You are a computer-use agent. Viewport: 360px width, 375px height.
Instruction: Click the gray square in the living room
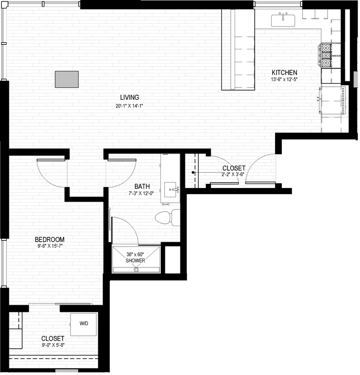pos(67,79)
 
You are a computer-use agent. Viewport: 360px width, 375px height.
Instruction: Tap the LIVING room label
pos(129,97)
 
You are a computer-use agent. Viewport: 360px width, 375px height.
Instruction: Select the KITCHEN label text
pos(284,72)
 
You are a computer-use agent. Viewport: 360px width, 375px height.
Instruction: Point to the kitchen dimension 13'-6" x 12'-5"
pos(284,80)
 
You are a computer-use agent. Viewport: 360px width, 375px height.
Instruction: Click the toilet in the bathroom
pos(166,218)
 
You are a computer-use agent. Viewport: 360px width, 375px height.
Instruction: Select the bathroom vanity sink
pos(171,190)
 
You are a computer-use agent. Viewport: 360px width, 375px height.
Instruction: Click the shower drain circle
pos(136,269)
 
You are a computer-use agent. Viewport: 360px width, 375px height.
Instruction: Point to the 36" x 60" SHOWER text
pos(136,257)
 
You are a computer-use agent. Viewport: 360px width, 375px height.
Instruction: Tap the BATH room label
pos(143,187)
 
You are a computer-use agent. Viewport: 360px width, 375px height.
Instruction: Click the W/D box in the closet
pos(84,323)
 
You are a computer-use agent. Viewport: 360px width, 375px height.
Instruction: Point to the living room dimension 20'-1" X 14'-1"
pos(129,105)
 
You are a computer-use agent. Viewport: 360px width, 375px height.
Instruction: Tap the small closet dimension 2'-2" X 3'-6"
pos(234,175)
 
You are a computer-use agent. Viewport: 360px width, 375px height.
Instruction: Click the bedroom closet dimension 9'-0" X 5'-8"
pos(53,345)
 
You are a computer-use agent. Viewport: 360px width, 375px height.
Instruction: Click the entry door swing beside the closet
pos(260,169)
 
